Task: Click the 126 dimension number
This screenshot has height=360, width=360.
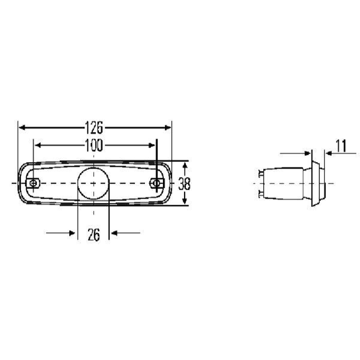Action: tap(94, 128)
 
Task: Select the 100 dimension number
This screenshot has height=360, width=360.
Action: tap(94, 145)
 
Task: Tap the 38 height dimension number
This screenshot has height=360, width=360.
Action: tap(184, 184)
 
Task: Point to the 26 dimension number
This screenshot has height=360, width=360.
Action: tap(94, 234)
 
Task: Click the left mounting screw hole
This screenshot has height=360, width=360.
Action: tap(33, 183)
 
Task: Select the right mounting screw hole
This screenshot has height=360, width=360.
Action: tap(156, 183)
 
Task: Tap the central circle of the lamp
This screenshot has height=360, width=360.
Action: tap(93, 183)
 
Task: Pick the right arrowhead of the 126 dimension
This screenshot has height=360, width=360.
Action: tap(168, 127)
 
